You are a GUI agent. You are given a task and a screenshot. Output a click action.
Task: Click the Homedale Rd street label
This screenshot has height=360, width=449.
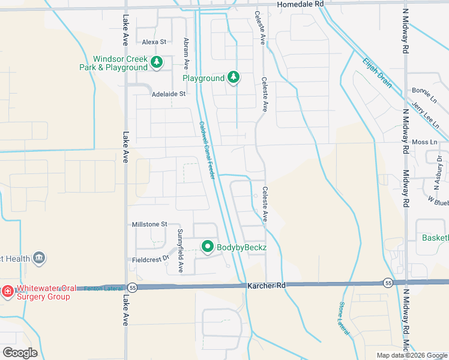[300, 4]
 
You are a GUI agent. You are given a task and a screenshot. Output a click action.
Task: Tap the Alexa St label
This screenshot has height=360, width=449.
[154, 42]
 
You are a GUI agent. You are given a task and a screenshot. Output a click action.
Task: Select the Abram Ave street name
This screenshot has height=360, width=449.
[187, 53]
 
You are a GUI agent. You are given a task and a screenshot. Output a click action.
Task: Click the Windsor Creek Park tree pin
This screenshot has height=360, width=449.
[157, 62]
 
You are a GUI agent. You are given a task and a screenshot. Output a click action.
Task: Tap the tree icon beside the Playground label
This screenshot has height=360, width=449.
[234, 78]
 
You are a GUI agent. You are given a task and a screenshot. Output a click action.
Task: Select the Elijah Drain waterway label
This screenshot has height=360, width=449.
[377, 73]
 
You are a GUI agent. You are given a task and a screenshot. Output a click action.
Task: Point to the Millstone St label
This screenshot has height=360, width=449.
[149, 224]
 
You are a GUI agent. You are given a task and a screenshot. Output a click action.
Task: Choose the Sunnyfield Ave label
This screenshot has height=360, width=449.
[179, 250]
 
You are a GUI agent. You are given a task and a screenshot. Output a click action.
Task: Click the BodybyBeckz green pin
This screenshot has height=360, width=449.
[208, 247]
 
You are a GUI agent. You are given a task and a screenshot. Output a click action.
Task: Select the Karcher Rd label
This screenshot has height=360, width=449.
[266, 286]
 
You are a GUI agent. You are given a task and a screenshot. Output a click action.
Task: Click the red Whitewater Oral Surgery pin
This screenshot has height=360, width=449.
[8, 292]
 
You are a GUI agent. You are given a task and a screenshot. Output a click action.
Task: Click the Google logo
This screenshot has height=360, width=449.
[20, 353]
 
